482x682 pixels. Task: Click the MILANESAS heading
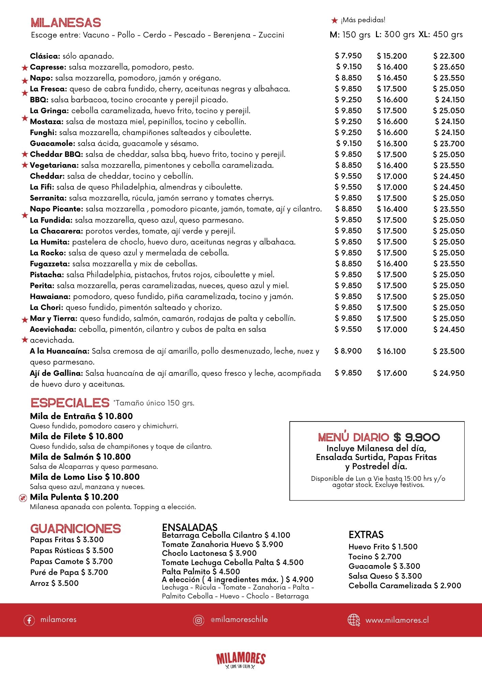click(66, 23)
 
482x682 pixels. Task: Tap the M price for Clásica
click(348, 56)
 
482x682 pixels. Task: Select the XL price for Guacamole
click(449, 144)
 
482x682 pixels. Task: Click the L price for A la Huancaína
click(391, 351)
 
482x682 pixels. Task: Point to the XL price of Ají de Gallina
click(449, 373)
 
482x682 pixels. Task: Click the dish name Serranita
click(48, 198)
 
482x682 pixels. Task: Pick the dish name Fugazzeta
click(50, 264)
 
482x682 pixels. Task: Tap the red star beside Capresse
click(25, 68)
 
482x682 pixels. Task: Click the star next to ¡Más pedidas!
click(335, 21)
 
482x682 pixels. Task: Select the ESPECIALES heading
click(70, 403)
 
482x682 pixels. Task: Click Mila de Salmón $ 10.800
click(80, 457)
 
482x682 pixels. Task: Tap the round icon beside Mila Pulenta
click(23, 498)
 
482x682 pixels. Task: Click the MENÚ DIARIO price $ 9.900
click(417, 437)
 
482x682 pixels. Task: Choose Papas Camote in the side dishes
click(71, 561)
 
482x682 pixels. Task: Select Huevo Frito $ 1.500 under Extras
click(383, 547)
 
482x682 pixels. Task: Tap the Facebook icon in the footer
click(29, 620)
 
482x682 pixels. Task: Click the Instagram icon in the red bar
click(198, 620)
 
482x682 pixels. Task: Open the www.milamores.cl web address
click(397, 620)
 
